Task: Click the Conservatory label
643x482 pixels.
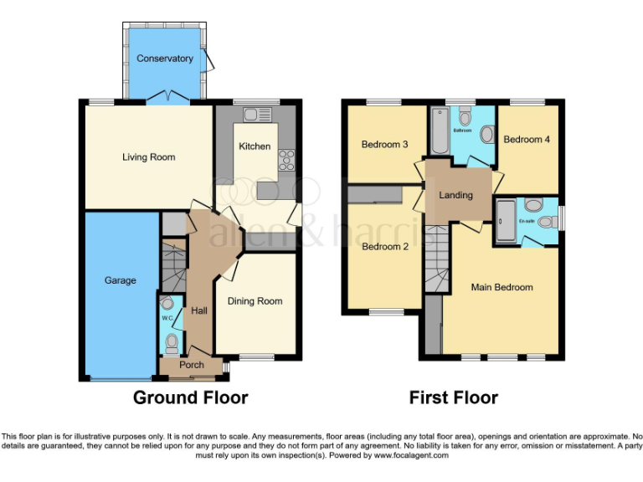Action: pyautogui.click(x=165, y=59)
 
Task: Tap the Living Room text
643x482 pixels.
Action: pyautogui.click(x=149, y=156)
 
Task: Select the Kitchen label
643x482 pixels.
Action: pyautogui.click(x=255, y=146)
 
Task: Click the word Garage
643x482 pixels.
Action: pyautogui.click(x=120, y=280)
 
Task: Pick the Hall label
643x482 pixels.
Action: pyautogui.click(x=199, y=310)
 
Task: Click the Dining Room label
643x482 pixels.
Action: pyautogui.click(x=255, y=301)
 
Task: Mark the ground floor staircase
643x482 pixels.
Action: pyautogui.click(x=172, y=264)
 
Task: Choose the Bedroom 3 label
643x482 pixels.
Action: pyautogui.click(x=384, y=144)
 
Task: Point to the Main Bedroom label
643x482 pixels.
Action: pyautogui.click(x=502, y=287)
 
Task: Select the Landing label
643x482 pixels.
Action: pyautogui.click(x=456, y=195)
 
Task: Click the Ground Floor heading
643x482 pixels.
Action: pyautogui.click(x=190, y=397)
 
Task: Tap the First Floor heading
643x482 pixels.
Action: pyautogui.click(x=453, y=397)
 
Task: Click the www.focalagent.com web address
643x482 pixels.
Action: pyautogui.click(x=411, y=456)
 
